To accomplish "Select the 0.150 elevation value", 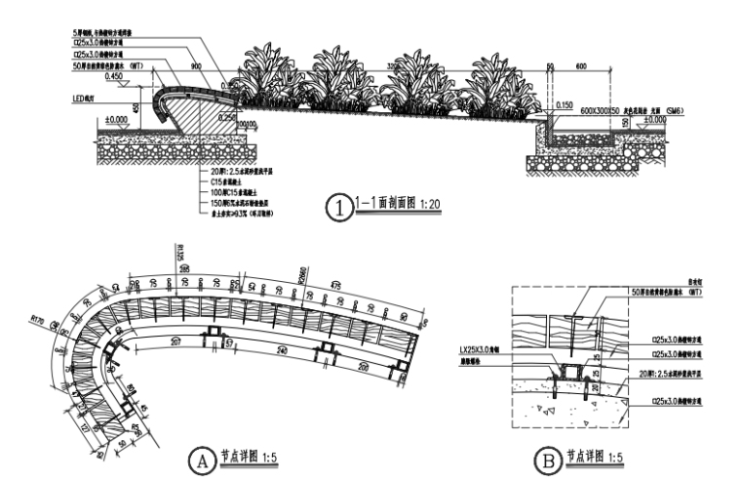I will point(563,102).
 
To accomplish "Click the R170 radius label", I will point(38,317).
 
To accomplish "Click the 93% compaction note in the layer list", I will point(245,212).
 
